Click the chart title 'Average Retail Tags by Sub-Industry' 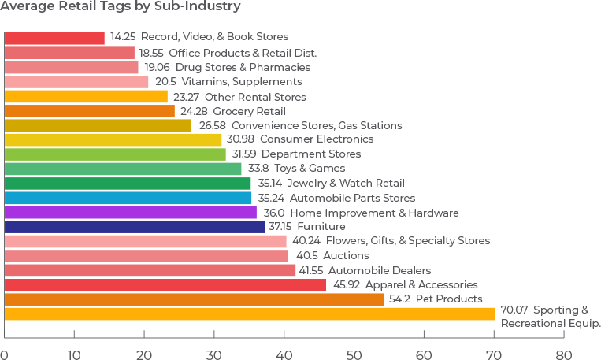(121, 7)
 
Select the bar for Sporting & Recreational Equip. (250, 314)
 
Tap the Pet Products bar (194, 299)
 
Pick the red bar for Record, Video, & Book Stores (54, 38)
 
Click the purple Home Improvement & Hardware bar (130, 213)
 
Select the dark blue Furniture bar (135, 227)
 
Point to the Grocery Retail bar (89, 111)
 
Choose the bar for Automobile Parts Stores (128, 198)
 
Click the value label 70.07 (515, 310)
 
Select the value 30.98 (239, 139)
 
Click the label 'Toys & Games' (317, 169)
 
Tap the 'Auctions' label (347, 255)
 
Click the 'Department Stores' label (311, 154)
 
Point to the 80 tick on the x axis (564, 354)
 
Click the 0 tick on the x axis (5, 354)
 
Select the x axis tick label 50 (354, 354)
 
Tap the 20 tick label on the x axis (144, 354)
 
